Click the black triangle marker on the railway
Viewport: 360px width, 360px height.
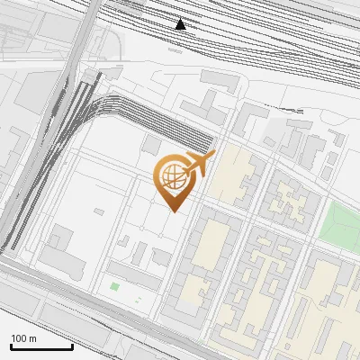181,24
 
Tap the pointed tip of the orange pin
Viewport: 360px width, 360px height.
175,211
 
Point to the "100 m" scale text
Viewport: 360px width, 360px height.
24,338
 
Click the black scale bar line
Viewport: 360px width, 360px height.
41,346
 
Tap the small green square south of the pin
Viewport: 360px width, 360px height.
114,286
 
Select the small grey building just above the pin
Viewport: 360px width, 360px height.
151,145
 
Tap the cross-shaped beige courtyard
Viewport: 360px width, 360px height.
290,200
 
